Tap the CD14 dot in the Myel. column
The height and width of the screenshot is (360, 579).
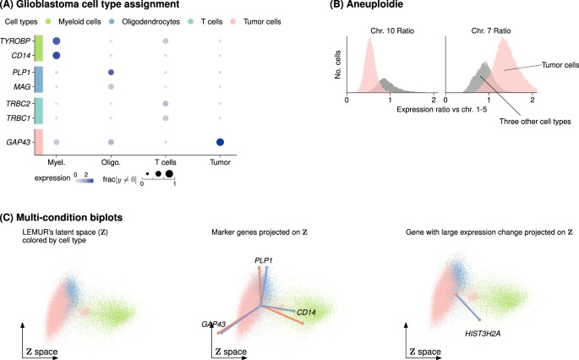tap(57, 56)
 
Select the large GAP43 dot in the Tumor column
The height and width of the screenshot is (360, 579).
tap(220, 142)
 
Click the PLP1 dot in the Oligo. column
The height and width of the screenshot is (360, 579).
tap(112, 72)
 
